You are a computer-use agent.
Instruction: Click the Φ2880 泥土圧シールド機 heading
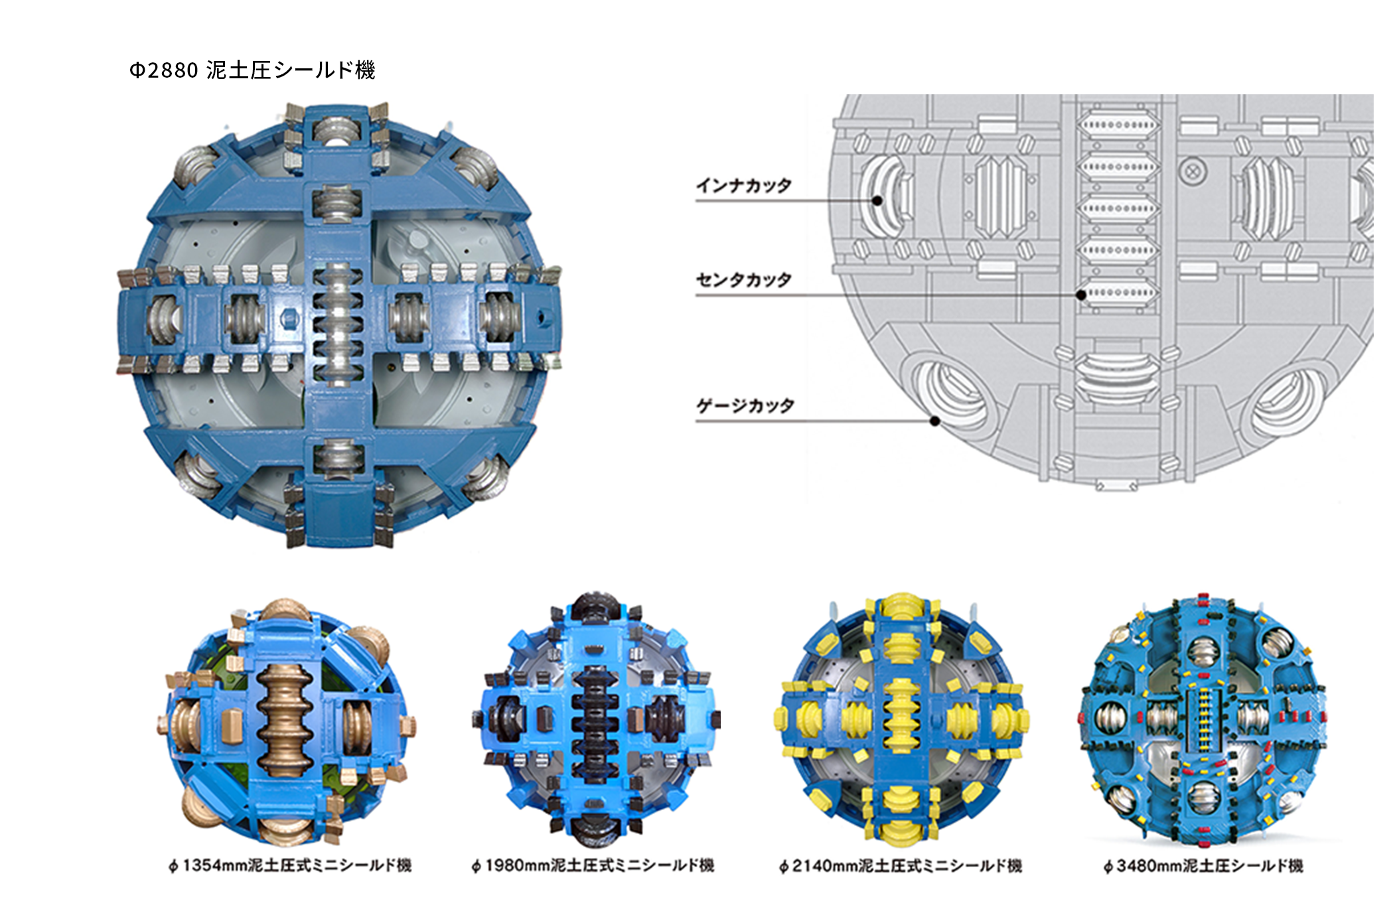252,70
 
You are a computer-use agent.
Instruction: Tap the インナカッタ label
743,185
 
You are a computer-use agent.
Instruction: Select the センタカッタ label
743,279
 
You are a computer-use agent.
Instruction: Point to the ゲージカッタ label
745,405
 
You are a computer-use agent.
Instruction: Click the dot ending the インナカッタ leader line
877,200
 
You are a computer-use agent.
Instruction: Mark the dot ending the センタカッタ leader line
1081,295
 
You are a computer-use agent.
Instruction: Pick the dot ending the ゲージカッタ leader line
934,421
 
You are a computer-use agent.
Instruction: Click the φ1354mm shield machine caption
290,865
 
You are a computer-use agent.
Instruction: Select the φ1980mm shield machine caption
593,865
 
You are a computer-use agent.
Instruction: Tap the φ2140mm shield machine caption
901,865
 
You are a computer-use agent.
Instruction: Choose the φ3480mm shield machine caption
1203,865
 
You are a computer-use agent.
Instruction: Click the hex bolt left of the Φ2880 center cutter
289,317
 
